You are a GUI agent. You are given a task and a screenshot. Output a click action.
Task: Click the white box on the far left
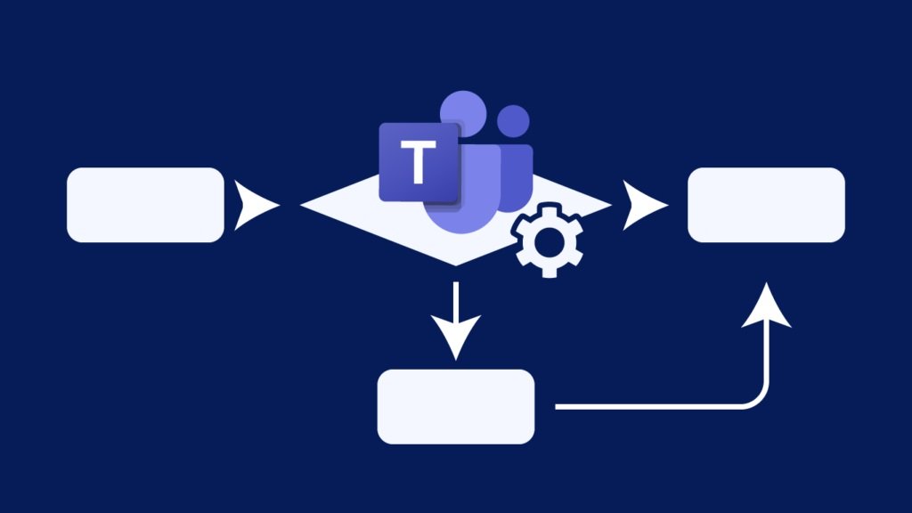pyautogui.click(x=145, y=205)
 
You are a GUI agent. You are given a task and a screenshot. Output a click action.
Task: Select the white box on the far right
pyautogui.click(x=766, y=205)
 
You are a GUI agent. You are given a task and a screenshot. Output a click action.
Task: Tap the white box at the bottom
pyautogui.click(x=456, y=406)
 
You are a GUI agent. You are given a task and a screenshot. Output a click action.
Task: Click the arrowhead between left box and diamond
pyautogui.click(x=255, y=205)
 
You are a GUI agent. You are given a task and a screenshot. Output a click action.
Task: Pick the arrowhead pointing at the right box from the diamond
pyautogui.click(x=643, y=205)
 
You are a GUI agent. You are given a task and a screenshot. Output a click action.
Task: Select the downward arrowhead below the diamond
pyautogui.click(x=456, y=336)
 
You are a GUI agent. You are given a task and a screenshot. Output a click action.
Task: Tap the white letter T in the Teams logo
pyautogui.click(x=419, y=162)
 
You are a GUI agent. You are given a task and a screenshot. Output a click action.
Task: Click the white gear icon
pyautogui.click(x=548, y=240)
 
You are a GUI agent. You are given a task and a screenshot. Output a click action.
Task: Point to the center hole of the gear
pyautogui.click(x=548, y=240)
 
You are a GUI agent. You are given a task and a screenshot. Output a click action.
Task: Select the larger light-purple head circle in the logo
pyautogui.click(x=463, y=114)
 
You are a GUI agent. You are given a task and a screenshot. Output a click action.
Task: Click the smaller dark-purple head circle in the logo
pyautogui.click(x=514, y=121)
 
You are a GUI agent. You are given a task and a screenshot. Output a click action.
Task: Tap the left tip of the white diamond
pyautogui.click(x=301, y=205)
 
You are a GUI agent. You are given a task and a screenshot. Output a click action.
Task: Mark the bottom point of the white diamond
pyautogui.click(x=455, y=265)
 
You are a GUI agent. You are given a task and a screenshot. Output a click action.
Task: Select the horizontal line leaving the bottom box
pyautogui.click(x=647, y=406)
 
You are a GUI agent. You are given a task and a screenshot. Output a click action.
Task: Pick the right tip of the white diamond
pyautogui.click(x=610, y=205)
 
